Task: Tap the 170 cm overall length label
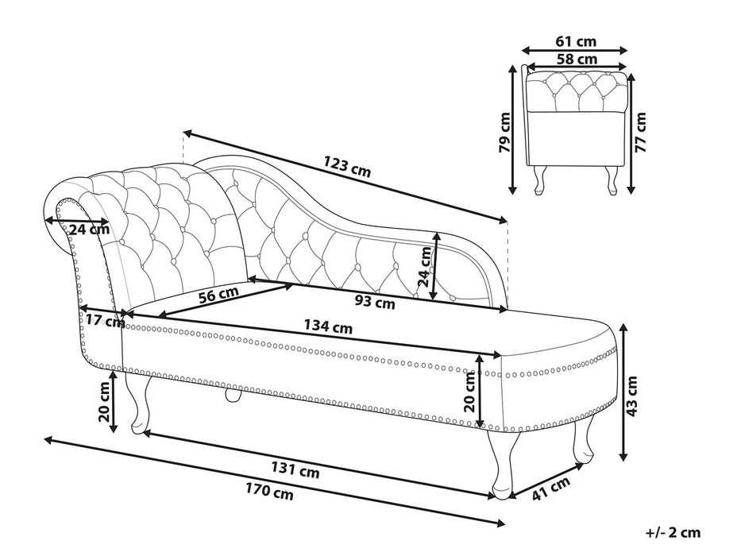[x=269, y=492]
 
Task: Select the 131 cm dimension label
[x=295, y=469]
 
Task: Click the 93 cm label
[x=375, y=301]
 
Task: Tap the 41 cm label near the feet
[x=551, y=488]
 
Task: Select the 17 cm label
[x=105, y=321]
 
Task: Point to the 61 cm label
[x=576, y=41]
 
